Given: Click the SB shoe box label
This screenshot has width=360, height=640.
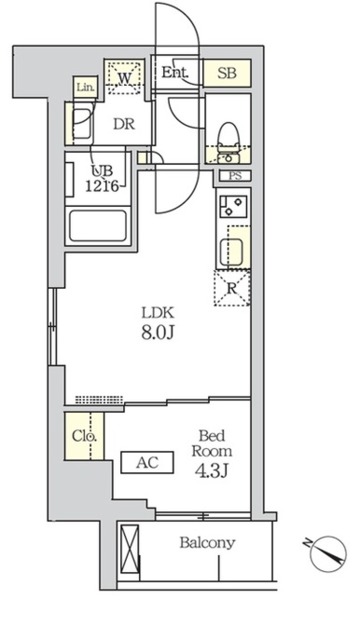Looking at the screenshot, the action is pyautogui.click(x=227, y=73).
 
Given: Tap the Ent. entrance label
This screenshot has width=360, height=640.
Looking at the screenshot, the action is pyautogui.click(x=175, y=73).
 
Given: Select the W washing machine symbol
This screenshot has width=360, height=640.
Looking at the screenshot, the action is pyautogui.click(x=124, y=78).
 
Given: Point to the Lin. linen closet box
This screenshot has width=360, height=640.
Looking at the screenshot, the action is pyautogui.click(x=86, y=87).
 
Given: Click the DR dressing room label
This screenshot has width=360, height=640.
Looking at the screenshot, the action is pyautogui.click(x=124, y=124).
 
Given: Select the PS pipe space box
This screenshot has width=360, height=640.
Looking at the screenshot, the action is pyautogui.click(x=235, y=176).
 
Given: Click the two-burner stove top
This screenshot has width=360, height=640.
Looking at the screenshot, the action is pyautogui.click(x=233, y=207).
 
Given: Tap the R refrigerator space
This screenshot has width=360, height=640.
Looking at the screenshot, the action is pyautogui.click(x=232, y=288).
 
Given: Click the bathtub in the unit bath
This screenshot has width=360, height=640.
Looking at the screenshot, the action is pyautogui.click(x=98, y=226).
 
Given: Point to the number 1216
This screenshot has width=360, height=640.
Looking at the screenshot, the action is pyautogui.click(x=102, y=186).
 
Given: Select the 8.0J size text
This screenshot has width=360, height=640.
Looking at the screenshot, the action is pyautogui.click(x=158, y=332).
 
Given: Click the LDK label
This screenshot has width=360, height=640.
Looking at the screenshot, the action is pyautogui.click(x=158, y=313).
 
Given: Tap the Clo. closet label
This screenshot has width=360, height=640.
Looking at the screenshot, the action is pyautogui.click(x=84, y=436).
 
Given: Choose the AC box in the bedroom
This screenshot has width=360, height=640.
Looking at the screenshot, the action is pyautogui.click(x=147, y=462).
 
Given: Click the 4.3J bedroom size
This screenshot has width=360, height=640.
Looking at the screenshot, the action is pyautogui.click(x=211, y=471).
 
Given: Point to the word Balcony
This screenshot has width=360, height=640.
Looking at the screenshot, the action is pyautogui.click(x=207, y=543).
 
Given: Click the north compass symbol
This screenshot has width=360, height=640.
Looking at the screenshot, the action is pyautogui.click(x=327, y=553).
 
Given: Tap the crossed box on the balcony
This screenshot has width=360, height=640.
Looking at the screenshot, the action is pyautogui.click(x=130, y=549).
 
